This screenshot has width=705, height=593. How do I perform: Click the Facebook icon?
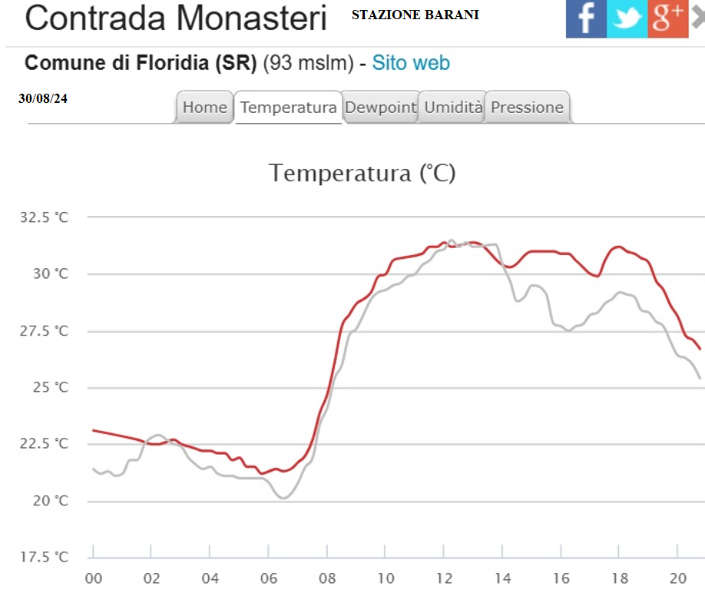[x=586, y=18]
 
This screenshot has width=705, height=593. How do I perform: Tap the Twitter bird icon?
[x=627, y=18]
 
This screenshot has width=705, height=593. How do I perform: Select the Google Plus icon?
[x=667, y=18]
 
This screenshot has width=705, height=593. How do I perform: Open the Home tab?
[x=204, y=108]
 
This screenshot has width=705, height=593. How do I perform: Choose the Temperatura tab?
[x=288, y=108]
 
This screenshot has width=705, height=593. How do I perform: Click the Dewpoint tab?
[x=380, y=108]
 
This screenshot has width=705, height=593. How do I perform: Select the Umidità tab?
[x=453, y=108]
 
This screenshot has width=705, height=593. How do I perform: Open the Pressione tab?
[x=527, y=108]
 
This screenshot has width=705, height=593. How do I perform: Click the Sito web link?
[x=411, y=63]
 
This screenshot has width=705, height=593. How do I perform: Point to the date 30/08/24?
[x=43, y=98]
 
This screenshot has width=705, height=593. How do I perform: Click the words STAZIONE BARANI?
[x=415, y=15]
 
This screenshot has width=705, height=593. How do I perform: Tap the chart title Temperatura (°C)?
[x=362, y=173]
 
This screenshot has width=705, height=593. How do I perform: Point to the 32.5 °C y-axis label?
[x=44, y=217]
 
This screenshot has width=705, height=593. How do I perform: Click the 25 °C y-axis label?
[x=50, y=387]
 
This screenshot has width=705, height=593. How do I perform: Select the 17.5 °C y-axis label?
[x=44, y=557]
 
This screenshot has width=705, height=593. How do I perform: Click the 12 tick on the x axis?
[x=444, y=578]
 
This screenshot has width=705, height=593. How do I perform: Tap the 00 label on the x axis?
[x=93, y=578]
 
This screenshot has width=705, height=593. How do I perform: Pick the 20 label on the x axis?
[x=677, y=578]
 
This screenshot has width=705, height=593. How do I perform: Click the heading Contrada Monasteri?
[x=176, y=18]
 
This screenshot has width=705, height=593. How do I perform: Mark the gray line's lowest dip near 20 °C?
[x=283, y=499]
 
